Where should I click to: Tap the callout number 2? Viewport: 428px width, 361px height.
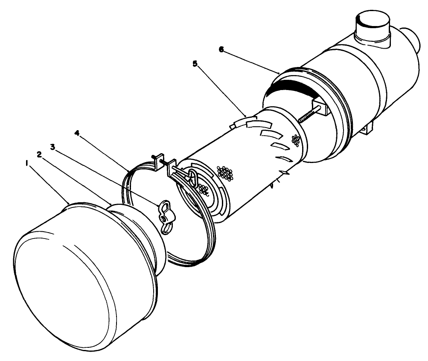pyautogui.click(x=40, y=154)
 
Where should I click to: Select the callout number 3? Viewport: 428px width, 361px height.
pyautogui.click(x=53, y=147)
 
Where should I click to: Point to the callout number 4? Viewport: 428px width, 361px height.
pyautogui.click(x=77, y=133)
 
